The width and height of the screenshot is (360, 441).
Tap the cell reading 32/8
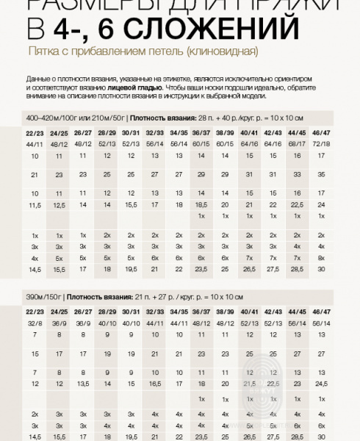[35, 323]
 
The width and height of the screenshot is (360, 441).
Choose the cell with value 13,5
[83, 384]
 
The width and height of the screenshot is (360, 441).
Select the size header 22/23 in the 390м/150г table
[35, 312]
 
